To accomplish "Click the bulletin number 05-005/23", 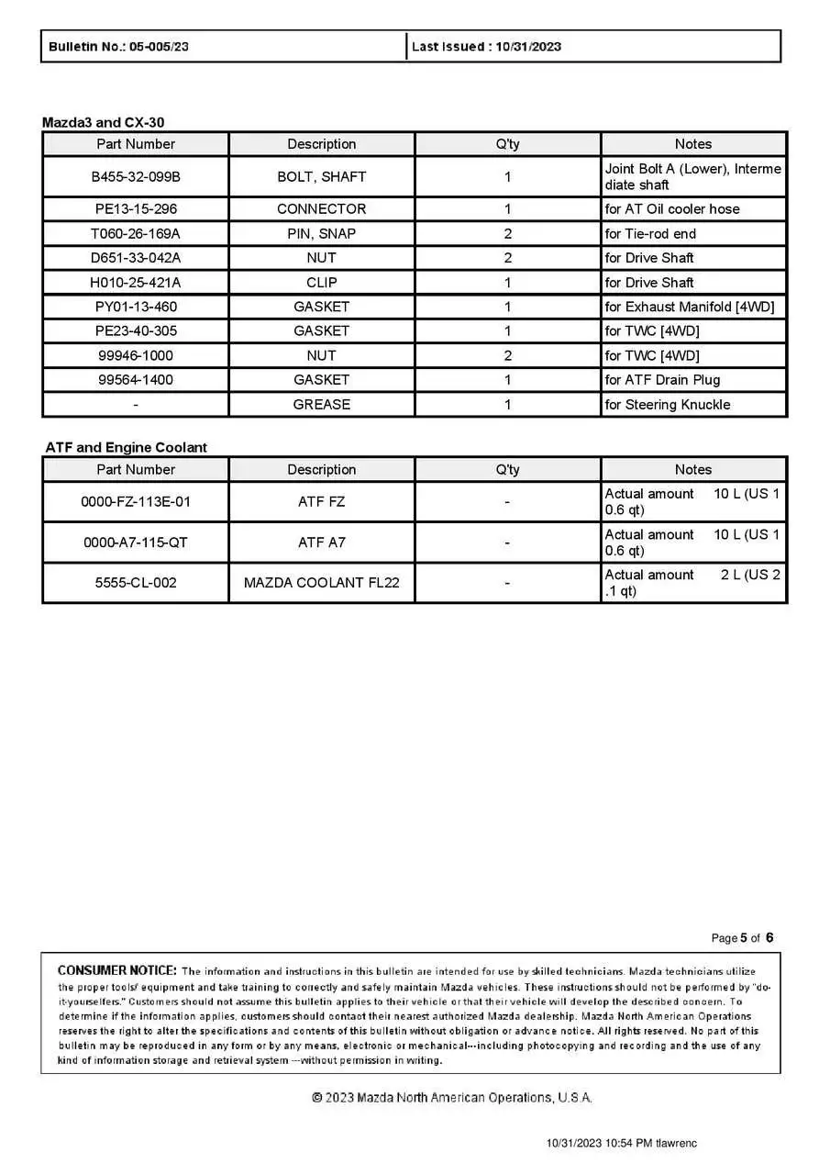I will pos(159,47).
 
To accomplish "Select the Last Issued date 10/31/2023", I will pos(528,47).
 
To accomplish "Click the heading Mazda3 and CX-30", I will pos(104,122).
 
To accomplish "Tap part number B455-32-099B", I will pos(136,176).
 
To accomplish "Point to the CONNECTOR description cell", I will pos(321,209).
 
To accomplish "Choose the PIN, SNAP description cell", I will pos(321,234).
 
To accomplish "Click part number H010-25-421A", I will pos(136,283).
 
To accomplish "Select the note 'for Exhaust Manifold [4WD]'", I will pos(689,307).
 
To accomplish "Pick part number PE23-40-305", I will pos(136,331).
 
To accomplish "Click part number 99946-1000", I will pos(136,356).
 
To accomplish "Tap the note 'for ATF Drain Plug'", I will pos(662,380).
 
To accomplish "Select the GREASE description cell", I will pos(321,405).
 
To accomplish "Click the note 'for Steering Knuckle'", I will pos(667,405).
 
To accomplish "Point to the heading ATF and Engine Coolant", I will pos(127,448).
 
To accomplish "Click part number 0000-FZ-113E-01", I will pos(136,502).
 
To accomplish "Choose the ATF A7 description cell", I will pos(321,543).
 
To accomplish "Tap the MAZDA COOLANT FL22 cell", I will pos(321,583).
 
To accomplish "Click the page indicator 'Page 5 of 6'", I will pos(742,938).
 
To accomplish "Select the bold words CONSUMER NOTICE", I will pos(116,970).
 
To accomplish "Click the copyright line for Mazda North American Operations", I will pos(452,1098).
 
